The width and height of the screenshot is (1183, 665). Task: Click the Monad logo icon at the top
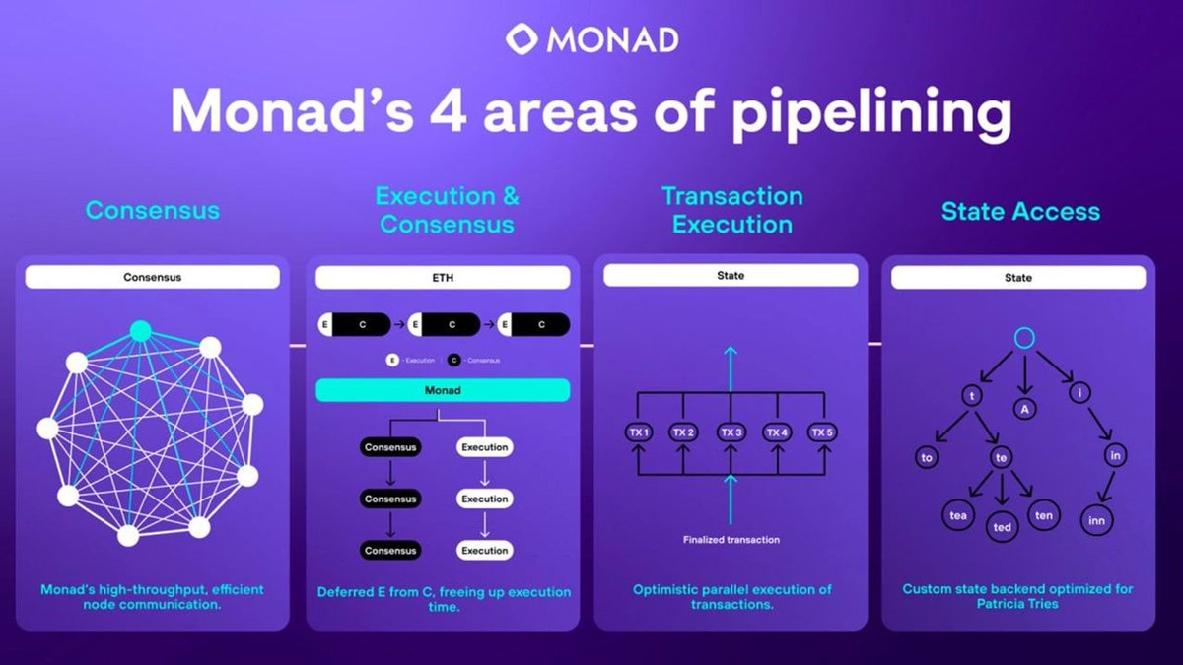coord(522,40)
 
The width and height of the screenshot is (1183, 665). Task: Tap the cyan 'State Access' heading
coord(1020,211)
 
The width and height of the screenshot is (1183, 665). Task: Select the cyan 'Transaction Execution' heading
coord(731,210)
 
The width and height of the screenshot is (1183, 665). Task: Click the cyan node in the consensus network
coord(141,331)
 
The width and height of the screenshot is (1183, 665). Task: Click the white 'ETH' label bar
coord(443,279)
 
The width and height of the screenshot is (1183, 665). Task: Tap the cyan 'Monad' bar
coord(443,390)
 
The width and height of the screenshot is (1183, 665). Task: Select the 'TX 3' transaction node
coord(731,432)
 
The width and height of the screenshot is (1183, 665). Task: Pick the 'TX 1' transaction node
coord(638,432)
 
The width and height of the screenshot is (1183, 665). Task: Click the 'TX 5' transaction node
coord(822,432)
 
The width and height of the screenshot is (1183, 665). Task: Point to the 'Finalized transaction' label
coord(731,539)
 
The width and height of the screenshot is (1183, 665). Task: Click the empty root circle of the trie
coord(1024,338)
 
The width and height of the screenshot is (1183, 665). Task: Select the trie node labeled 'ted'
coord(1003,527)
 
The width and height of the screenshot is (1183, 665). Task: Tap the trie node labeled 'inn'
coord(1095,519)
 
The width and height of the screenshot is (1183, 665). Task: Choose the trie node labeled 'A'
coord(1024,409)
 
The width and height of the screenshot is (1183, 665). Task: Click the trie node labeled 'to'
coord(928,457)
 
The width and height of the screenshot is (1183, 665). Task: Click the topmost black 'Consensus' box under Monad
coord(390,447)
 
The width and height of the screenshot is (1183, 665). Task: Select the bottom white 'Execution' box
coord(485,551)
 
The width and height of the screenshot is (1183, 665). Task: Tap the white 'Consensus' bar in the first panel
coord(153,277)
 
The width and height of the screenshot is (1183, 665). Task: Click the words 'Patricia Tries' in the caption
coord(1018,603)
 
